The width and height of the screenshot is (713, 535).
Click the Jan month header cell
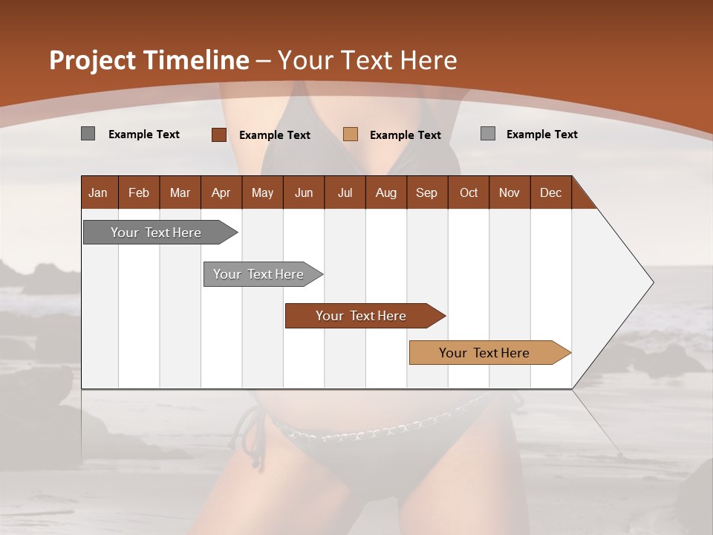(x=99, y=192)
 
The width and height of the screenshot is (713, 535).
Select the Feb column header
(x=139, y=192)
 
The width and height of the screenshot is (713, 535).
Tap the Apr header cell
(x=221, y=192)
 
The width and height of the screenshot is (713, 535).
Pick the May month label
(x=262, y=192)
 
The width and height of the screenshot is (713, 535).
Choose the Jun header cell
(x=304, y=192)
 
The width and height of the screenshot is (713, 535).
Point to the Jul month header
(x=345, y=192)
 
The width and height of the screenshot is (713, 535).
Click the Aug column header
(x=386, y=192)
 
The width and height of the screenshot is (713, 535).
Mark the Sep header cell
(x=427, y=192)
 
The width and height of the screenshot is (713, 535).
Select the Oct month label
(x=469, y=192)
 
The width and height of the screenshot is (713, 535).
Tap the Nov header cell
(x=509, y=192)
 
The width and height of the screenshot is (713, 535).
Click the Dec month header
(x=551, y=192)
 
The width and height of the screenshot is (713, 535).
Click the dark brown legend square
(x=219, y=134)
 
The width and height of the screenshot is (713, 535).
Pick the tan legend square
(x=351, y=134)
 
